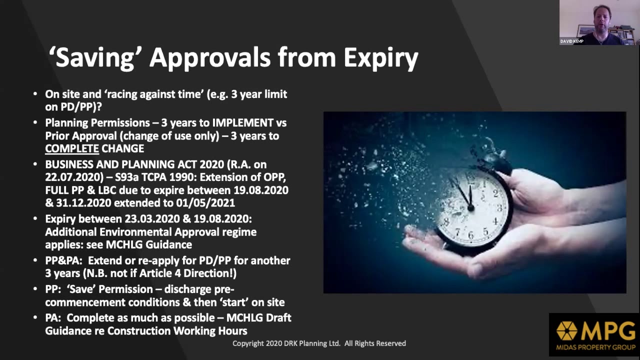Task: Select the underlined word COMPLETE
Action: [72, 149]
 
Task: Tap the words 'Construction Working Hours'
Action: [177, 331]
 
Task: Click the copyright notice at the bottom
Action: [319, 343]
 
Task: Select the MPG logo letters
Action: [608, 330]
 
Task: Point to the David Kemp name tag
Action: [571, 41]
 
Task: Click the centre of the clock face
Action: [470, 205]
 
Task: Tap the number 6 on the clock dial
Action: [471, 235]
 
